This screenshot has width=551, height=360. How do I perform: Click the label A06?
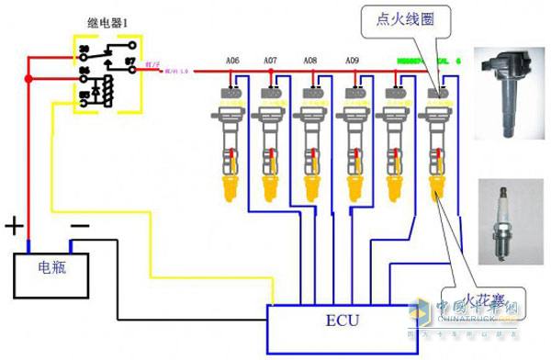coord(232,61)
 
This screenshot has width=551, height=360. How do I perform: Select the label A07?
coord(270,61)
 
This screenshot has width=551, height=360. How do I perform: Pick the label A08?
coord(310,61)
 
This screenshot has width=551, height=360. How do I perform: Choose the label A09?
coord(352,61)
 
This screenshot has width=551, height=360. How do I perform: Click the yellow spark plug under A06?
coord(231,190)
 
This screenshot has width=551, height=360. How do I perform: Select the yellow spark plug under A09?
coord(353,190)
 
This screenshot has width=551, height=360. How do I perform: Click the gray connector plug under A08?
coord(311,92)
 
